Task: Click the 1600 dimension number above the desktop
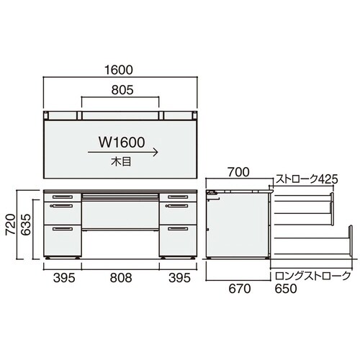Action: [x=120, y=71]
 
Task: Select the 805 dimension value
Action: [x=120, y=91]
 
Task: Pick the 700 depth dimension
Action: [x=238, y=173]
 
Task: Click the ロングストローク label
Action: [x=310, y=276]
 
